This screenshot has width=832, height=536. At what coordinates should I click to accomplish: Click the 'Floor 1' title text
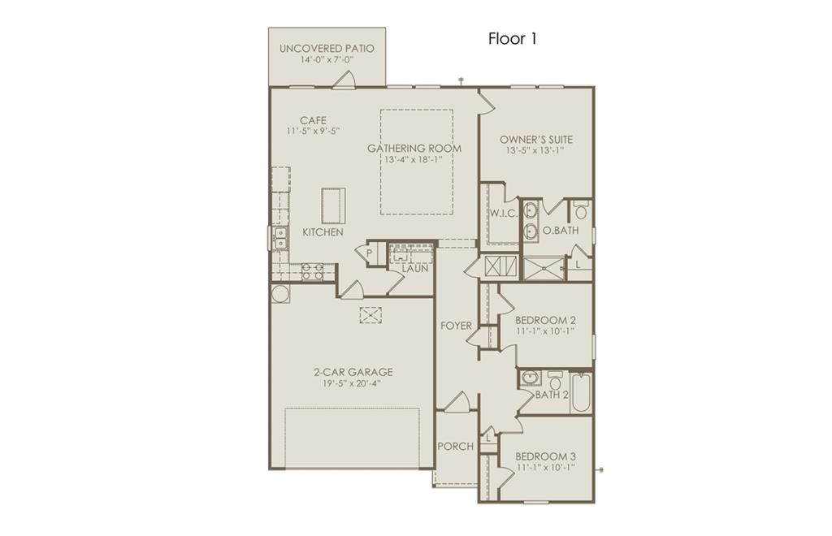tap(512, 38)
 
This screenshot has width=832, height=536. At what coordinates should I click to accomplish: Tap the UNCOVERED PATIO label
tap(327, 49)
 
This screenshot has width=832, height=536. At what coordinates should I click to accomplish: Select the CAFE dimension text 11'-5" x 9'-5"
tap(312, 131)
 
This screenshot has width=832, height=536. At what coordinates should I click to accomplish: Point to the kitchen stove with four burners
tap(314, 271)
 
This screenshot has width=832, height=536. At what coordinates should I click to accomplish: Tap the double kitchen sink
tap(280, 237)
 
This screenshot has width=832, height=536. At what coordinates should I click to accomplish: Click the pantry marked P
tap(369, 253)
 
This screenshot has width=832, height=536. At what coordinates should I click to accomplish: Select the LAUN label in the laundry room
tap(414, 267)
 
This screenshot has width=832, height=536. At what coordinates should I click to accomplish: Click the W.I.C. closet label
tap(503, 214)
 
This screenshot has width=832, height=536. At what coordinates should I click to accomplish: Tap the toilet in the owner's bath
tap(580, 212)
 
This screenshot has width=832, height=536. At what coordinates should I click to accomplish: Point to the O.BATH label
tap(561, 231)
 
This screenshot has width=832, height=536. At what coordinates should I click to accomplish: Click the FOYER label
tap(457, 326)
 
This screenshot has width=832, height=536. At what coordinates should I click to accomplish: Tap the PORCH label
tap(455, 446)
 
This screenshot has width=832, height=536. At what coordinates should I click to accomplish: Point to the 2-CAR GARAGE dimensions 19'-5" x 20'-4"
tap(353, 384)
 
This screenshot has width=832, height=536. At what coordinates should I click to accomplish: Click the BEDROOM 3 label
tap(546, 456)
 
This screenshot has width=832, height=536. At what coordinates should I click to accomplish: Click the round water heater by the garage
tap(279, 293)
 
